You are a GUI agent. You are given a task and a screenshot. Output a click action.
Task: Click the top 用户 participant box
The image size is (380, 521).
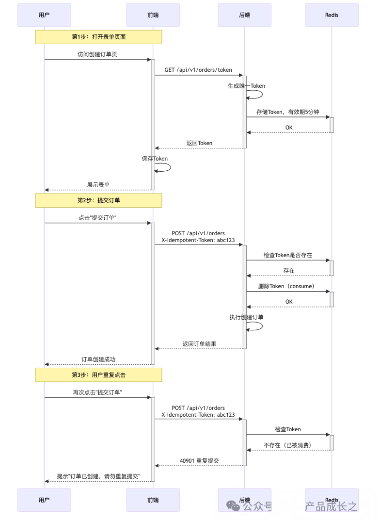[44, 15]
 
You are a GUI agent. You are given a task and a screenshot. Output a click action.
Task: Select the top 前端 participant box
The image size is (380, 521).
[153, 15]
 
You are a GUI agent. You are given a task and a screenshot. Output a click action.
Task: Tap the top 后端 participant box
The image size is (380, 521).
[244, 15]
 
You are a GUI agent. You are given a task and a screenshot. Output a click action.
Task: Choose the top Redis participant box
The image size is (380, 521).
[332, 15]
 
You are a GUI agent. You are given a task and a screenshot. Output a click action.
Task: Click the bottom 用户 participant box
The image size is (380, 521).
[44, 500]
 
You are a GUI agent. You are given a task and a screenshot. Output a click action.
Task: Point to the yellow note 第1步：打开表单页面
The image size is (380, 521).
[98, 37]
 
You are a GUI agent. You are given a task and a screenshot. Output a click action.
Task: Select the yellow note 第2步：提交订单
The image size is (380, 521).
[98, 200]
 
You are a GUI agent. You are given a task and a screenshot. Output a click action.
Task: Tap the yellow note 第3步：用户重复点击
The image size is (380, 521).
[98, 375]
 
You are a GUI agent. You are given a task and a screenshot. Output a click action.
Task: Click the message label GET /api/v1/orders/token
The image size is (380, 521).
[198, 70]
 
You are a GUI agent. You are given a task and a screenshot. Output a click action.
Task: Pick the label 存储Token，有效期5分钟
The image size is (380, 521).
[288, 112]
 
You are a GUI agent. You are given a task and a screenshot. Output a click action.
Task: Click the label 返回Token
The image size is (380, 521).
[199, 143]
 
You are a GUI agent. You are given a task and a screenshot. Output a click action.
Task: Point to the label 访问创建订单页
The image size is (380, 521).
[97, 54]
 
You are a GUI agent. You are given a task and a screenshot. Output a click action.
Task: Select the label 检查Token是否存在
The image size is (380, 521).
[288, 255]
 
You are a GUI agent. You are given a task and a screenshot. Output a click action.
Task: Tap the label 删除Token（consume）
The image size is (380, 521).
[288, 286]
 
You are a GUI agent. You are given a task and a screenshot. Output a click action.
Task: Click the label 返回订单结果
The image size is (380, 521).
[199, 343]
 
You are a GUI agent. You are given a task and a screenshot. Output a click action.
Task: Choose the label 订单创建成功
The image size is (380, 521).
[98, 359]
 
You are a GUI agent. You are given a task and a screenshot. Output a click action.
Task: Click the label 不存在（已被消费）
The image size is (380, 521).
[288, 445]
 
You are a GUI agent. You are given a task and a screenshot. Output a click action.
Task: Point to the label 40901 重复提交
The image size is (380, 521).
[199, 461]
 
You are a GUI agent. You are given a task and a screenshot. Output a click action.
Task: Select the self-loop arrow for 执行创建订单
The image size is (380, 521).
[255, 326]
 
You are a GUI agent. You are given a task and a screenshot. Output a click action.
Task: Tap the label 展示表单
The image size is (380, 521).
[98, 185]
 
